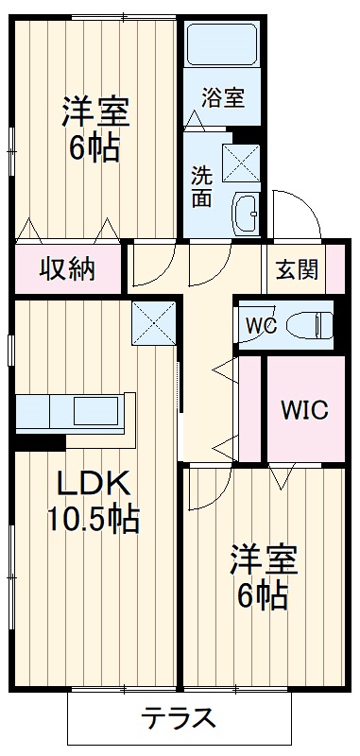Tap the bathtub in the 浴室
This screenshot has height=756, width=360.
coord(223,45)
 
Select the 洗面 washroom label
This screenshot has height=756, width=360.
coord(202,186)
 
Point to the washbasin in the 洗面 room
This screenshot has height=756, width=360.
coord(247,213)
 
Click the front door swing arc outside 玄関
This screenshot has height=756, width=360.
coord(291,213)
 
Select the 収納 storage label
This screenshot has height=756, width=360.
coord(66,269)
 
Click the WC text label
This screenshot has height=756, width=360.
coord(260,326)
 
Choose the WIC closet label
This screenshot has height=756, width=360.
coord(303,411)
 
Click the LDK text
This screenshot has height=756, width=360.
coord(93,483)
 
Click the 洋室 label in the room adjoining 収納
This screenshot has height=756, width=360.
coord(94,113)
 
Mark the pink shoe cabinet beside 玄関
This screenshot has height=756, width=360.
coord(334,269)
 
